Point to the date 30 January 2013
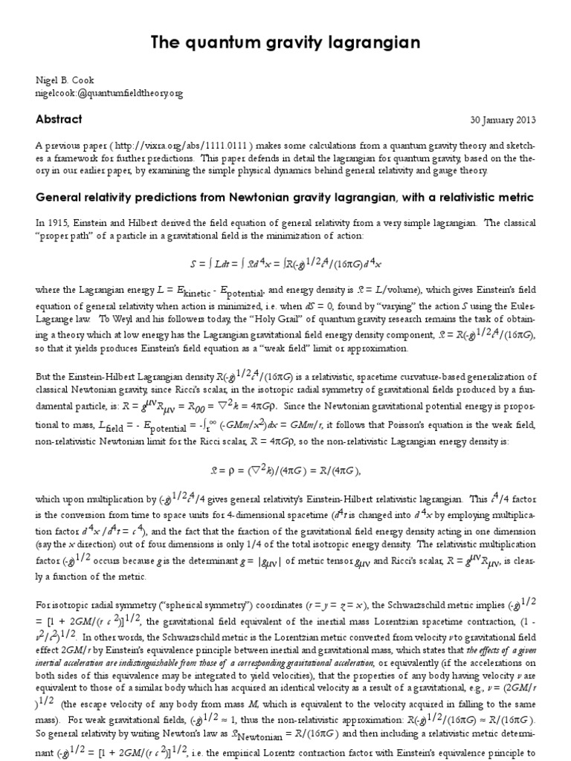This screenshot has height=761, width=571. (x=502, y=120)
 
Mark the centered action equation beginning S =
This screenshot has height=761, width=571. (x=285, y=262)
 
